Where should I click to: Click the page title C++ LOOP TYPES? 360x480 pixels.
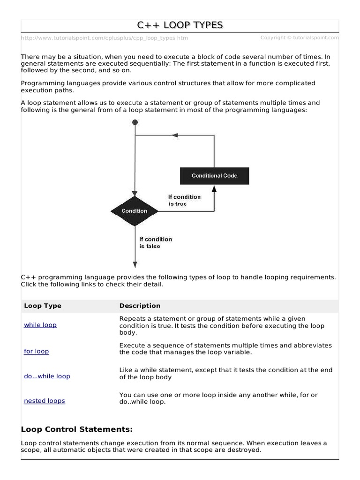click(x=180, y=25)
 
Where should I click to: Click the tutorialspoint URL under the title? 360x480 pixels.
click(x=104, y=38)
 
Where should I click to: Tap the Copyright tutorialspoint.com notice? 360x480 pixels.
click(x=299, y=37)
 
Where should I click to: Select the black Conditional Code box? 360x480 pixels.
click(x=214, y=176)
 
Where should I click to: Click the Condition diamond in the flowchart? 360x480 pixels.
click(x=135, y=211)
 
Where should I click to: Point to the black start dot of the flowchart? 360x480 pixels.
click(x=135, y=122)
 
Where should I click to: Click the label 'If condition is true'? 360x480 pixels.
click(x=184, y=200)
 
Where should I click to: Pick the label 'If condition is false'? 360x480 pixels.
click(x=156, y=242)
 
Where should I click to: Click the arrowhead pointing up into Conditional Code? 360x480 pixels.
click(x=214, y=188)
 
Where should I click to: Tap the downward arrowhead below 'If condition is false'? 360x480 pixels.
click(x=135, y=263)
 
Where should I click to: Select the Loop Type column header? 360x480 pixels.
click(x=43, y=306)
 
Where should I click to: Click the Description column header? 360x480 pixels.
click(x=140, y=306)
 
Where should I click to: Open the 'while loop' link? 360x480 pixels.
click(x=40, y=325)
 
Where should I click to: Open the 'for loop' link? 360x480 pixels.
click(x=37, y=351)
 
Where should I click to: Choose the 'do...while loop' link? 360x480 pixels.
click(x=47, y=376)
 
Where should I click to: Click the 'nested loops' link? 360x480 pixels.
click(x=45, y=401)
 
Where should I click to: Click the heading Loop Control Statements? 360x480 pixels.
click(x=77, y=429)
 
